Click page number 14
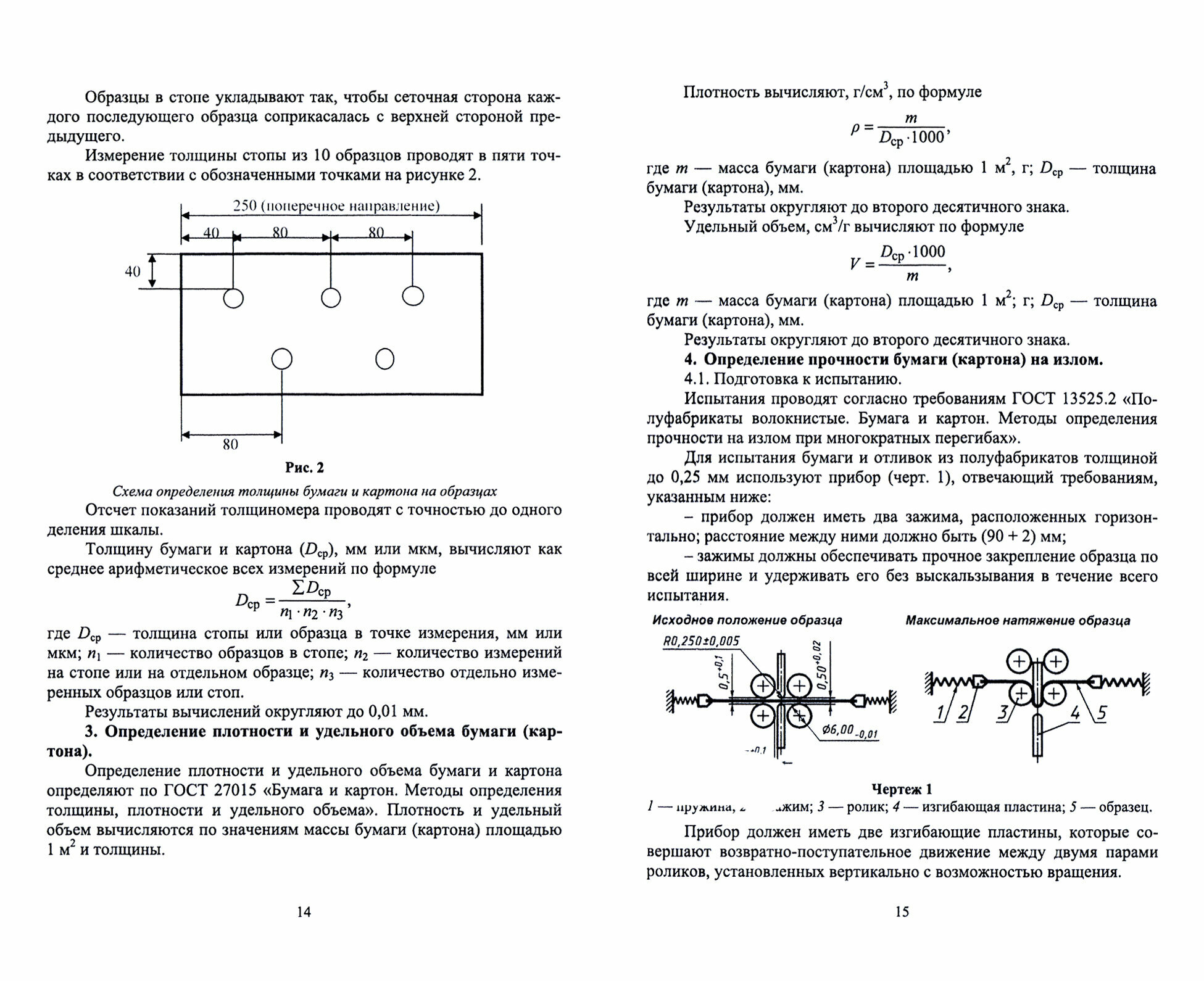pos(304,912)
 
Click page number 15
pos(902,912)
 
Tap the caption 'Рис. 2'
pos(304,468)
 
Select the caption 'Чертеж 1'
pos(901,789)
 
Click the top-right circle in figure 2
pos(413,296)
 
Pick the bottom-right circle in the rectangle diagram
pos(384,358)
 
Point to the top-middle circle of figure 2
pos(331,298)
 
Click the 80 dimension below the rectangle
pos(230,444)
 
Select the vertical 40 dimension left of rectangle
pos(133,271)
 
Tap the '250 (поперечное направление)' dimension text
pos(336,205)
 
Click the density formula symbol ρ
pos(855,128)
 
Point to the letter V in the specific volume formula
pos(854,264)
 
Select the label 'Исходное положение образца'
pos(747,620)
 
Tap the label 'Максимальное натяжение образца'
pos(1018,620)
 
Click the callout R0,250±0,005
pos(701,641)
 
